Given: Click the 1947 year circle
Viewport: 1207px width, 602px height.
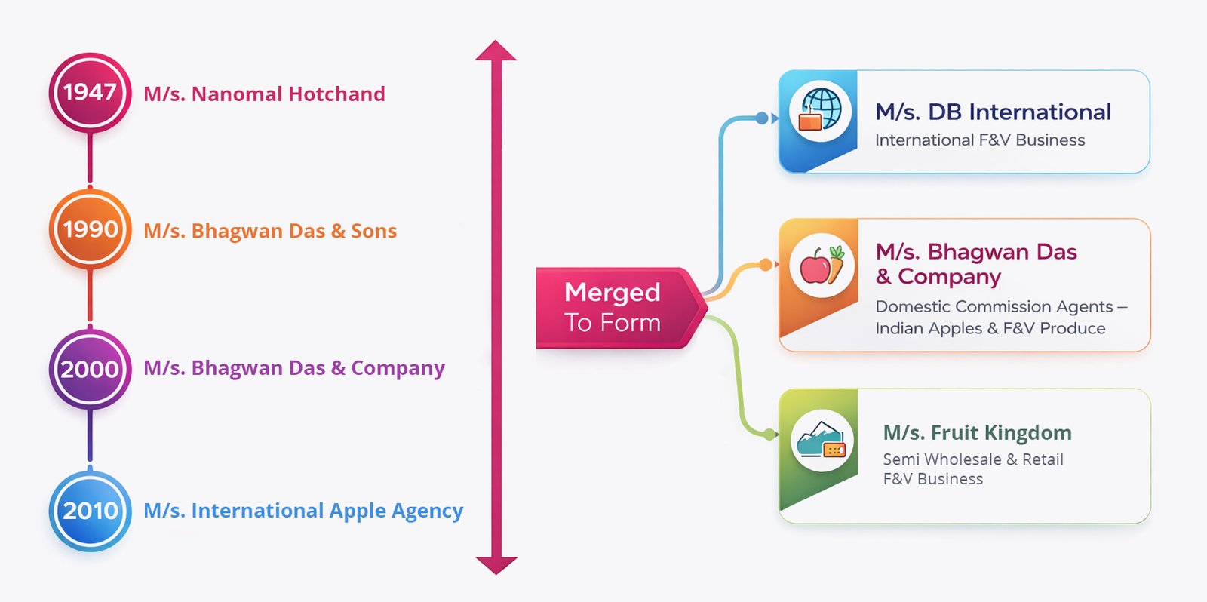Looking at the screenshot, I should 90,93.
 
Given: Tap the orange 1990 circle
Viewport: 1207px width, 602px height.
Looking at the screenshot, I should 90,229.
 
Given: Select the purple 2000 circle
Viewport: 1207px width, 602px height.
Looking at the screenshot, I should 90,369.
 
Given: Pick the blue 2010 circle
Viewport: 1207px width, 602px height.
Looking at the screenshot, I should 90,511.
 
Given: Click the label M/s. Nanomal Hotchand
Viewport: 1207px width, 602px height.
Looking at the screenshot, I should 264,94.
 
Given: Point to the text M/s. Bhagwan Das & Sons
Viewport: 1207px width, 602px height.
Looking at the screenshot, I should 270,231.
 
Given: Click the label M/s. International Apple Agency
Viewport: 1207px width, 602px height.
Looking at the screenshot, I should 303,511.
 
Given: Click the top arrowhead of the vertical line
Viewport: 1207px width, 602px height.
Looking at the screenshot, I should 496,51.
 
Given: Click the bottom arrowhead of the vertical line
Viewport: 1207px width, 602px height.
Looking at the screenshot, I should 496,564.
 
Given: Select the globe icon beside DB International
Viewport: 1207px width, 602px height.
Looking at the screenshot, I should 821,111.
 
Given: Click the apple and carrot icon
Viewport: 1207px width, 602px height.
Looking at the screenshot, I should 822,266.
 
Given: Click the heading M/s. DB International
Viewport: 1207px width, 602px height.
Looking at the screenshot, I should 993,112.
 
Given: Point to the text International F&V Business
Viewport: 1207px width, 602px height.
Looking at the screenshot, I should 980,140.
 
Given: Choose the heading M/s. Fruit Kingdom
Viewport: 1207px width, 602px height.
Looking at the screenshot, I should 977,433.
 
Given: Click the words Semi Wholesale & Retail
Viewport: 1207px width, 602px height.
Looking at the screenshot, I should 973,459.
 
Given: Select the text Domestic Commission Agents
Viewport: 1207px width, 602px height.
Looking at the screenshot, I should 994,306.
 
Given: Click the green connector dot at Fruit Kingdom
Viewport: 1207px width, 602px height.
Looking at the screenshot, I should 769,435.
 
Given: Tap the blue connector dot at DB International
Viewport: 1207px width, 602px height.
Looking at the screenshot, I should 762,118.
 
